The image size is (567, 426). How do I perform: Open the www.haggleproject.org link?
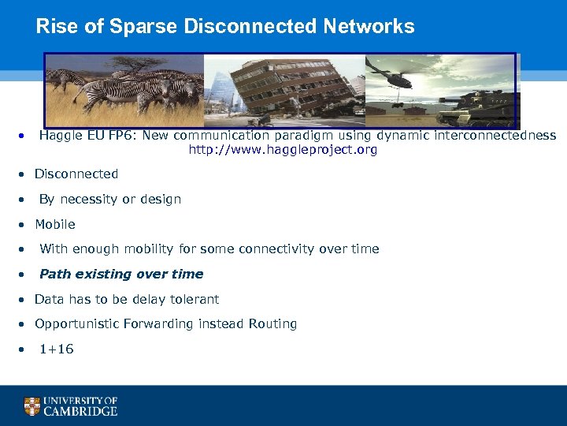(x=283, y=150)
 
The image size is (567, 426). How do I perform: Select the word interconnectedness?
(x=501, y=136)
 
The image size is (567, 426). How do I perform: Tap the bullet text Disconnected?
(x=76, y=174)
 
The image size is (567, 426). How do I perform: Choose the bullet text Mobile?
(x=55, y=224)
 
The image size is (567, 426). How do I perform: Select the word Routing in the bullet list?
(x=272, y=323)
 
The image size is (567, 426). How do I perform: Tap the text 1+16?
(x=57, y=349)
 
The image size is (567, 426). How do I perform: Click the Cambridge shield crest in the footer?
(x=32, y=406)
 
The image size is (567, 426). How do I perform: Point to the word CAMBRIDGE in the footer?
(x=81, y=411)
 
